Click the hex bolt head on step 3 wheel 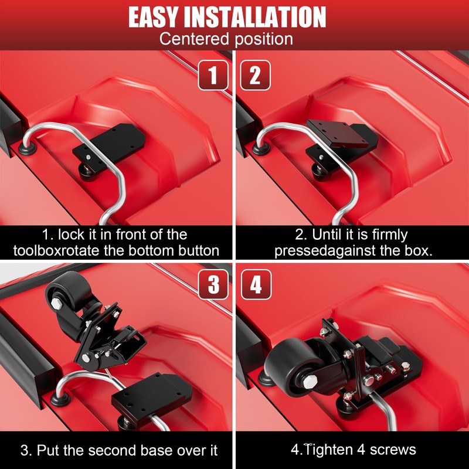pyautogui.click(x=58, y=304)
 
